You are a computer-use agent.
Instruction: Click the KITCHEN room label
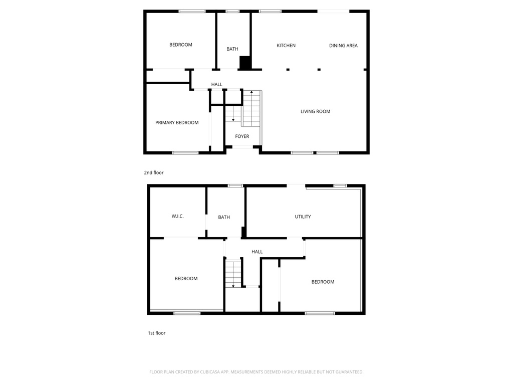point(286,46)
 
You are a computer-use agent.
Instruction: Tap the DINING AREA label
point(343,46)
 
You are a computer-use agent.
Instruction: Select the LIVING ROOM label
point(315,111)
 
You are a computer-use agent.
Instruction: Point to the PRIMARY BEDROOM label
point(177,123)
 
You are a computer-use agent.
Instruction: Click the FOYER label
point(242,136)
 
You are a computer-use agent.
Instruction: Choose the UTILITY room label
point(303,217)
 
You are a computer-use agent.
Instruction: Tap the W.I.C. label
point(178,217)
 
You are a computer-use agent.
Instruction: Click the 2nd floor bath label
point(232,49)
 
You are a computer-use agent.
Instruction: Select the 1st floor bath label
point(224,217)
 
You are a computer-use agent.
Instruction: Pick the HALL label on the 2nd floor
point(216,84)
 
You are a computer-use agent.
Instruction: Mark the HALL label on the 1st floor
point(257,252)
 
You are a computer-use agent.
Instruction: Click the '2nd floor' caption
point(154,172)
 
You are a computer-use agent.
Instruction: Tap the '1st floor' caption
point(156,333)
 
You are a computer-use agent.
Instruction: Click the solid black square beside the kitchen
point(245,63)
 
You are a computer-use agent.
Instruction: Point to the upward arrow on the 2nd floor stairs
point(251,92)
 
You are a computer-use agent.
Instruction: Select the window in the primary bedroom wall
point(185,152)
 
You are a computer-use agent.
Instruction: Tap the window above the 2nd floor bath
point(232,11)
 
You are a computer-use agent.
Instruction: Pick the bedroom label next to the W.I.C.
point(186,279)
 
